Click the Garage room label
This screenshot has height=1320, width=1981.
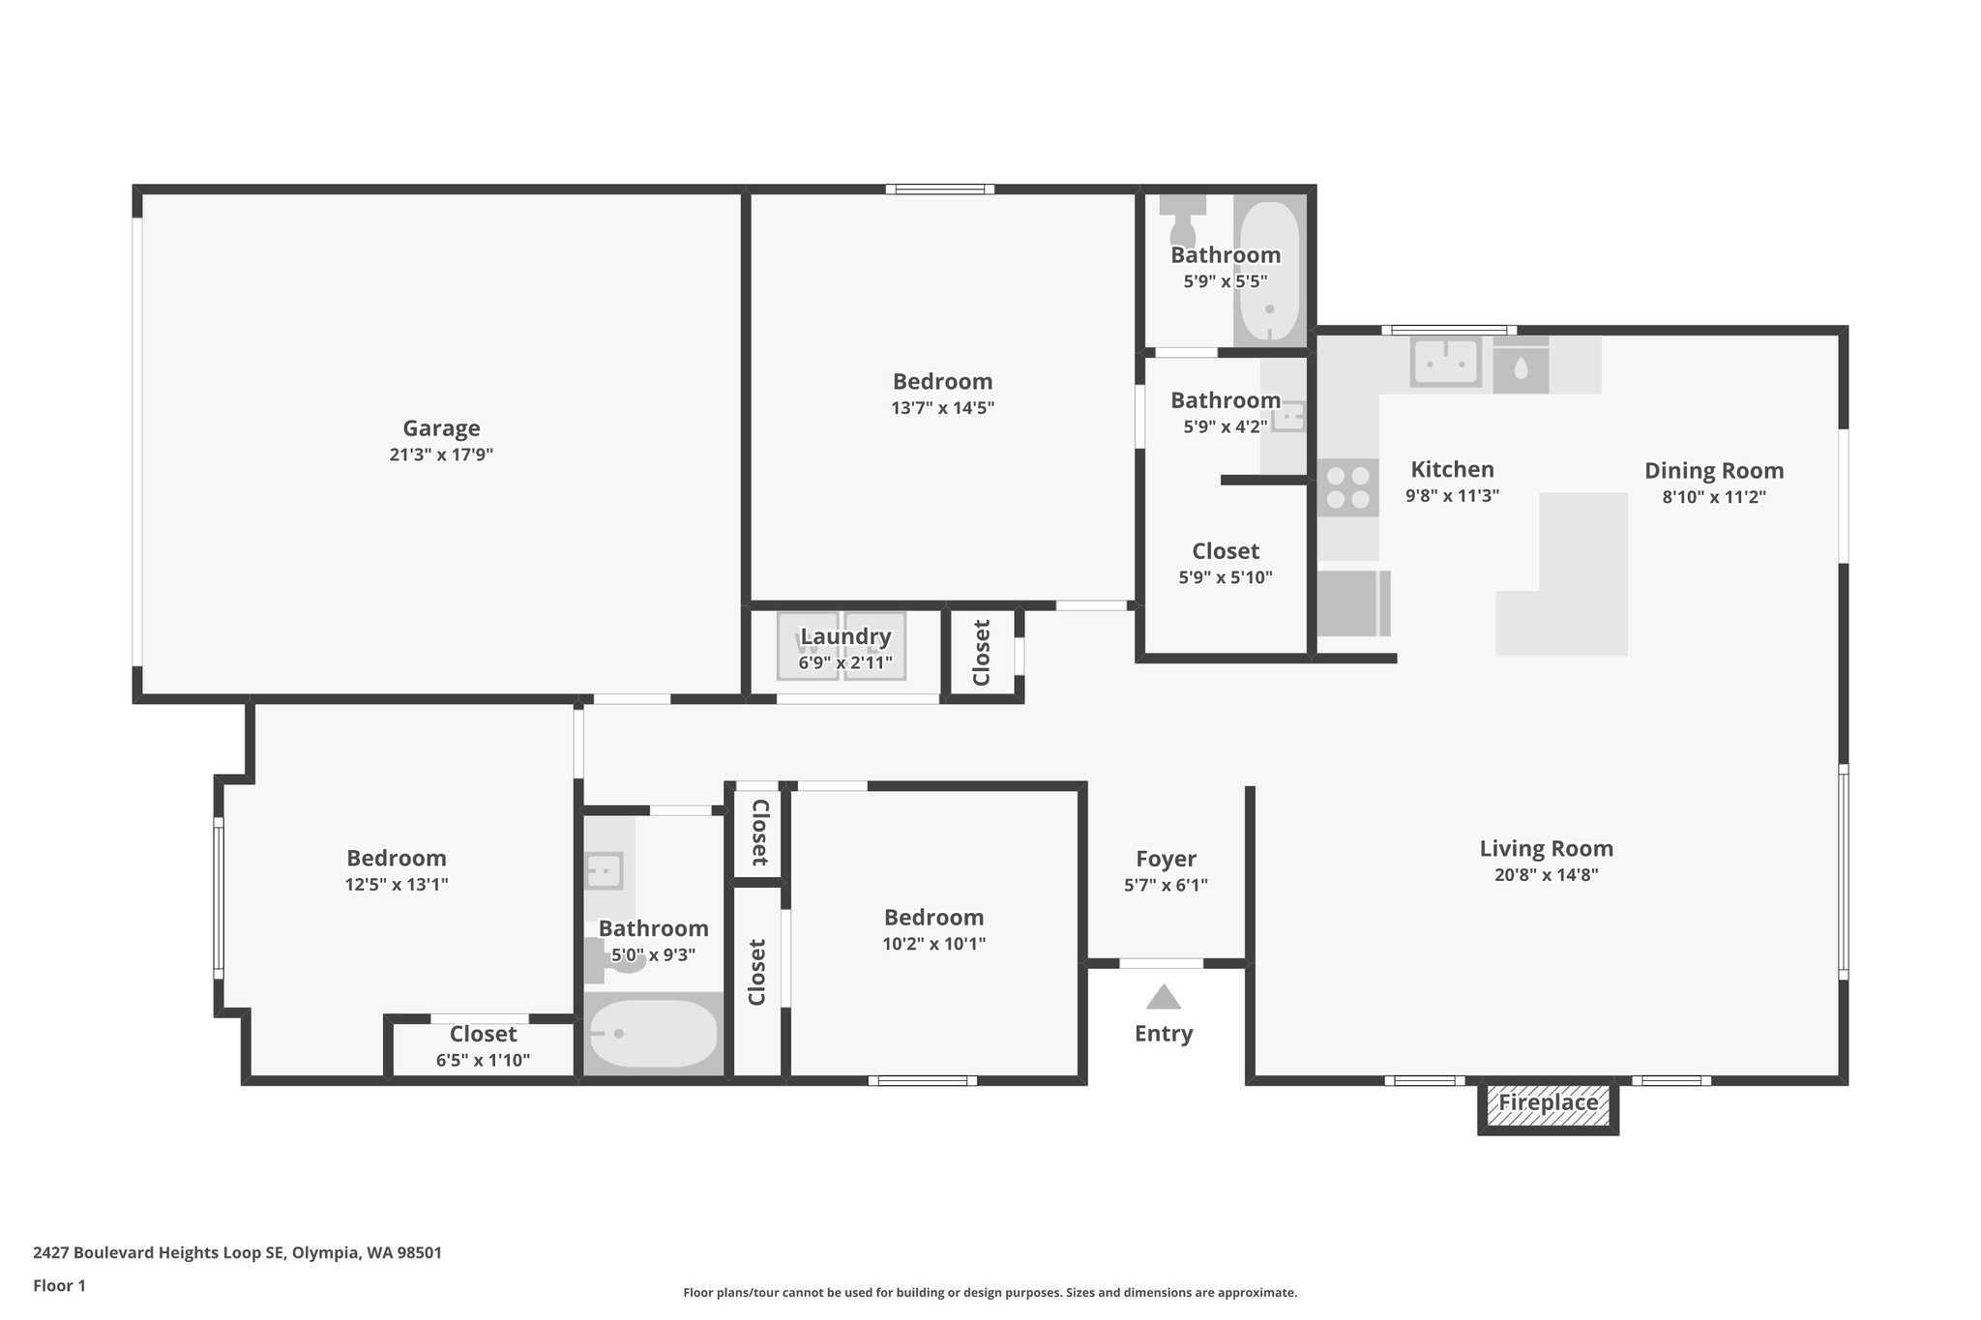pyautogui.click(x=441, y=428)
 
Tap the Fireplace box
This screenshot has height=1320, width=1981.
pyautogui.click(x=1548, y=1103)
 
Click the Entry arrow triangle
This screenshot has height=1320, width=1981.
pyautogui.click(x=1164, y=997)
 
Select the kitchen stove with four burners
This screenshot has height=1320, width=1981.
pyautogui.click(x=1347, y=488)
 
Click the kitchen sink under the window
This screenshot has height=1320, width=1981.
pyautogui.click(x=1445, y=363)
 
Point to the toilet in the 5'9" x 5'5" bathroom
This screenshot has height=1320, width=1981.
pyautogui.click(x=1182, y=221)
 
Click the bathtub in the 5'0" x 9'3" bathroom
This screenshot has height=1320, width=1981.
pyautogui.click(x=654, y=1034)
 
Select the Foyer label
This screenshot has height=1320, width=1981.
pyautogui.click(x=1166, y=859)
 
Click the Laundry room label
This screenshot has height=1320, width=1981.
pyautogui.click(x=845, y=636)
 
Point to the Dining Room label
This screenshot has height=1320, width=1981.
pyautogui.click(x=1714, y=471)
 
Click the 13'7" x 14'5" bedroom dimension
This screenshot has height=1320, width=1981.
pyautogui.click(x=942, y=408)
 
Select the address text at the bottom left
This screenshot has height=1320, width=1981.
pyautogui.click(x=237, y=1253)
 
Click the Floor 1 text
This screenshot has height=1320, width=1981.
pyautogui.click(x=59, y=1286)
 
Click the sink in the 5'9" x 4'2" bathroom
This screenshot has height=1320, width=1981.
pyautogui.click(x=1289, y=418)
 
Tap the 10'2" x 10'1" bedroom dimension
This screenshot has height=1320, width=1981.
pyautogui.click(x=933, y=944)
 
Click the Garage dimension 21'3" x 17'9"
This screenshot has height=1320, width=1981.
pyautogui.click(x=441, y=455)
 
